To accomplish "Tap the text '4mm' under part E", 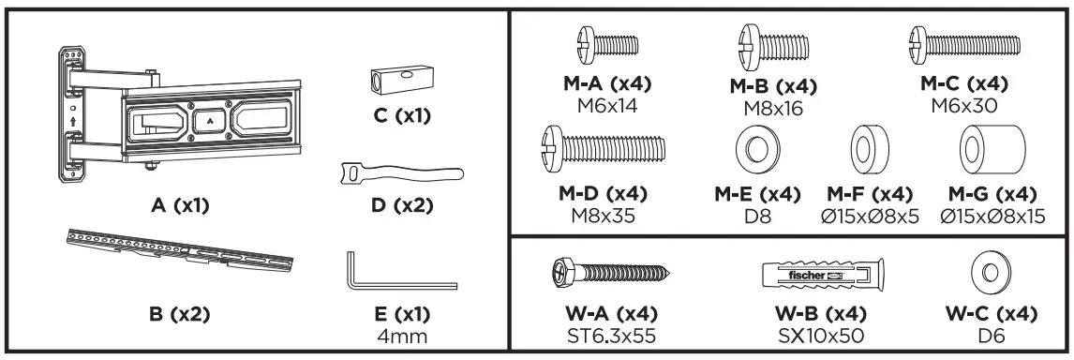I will pyautogui.click(x=402, y=333).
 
